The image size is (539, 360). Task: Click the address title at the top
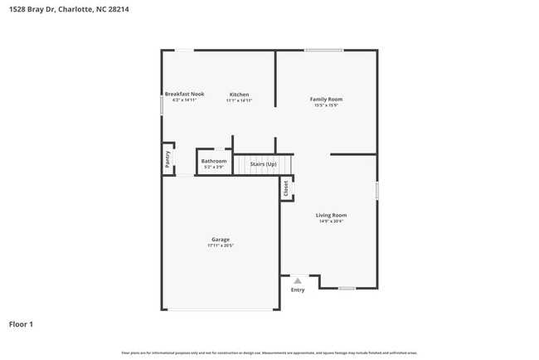(x=68, y=10)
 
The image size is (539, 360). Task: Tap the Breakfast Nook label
(x=184, y=94)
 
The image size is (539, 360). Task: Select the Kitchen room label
(x=239, y=95)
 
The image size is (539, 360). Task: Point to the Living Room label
(x=330, y=215)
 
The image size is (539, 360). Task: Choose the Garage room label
(x=220, y=240)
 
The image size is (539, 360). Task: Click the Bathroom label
(x=214, y=161)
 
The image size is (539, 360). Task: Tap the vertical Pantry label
(x=168, y=159)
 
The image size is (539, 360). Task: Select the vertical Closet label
(x=287, y=189)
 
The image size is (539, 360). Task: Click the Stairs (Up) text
(x=264, y=164)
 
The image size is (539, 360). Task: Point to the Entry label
(x=298, y=289)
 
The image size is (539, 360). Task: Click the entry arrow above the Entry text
(x=298, y=281)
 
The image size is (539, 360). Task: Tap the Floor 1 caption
(x=21, y=324)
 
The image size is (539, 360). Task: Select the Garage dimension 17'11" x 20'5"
(x=220, y=246)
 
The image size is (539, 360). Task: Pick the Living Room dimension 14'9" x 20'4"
(x=330, y=221)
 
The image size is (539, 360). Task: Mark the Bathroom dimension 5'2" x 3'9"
(x=214, y=168)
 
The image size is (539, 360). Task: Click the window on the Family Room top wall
(x=323, y=51)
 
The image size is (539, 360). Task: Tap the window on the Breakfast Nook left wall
(x=162, y=105)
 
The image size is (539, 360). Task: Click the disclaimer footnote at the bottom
(x=269, y=353)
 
